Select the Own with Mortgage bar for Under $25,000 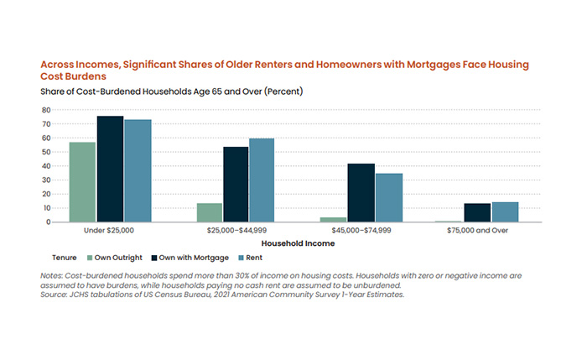[x=110, y=169]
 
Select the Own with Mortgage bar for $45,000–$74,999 [x=361, y=193]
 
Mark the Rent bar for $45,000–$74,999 [x=389, y=198]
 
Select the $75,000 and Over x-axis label [x=491, y=230]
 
